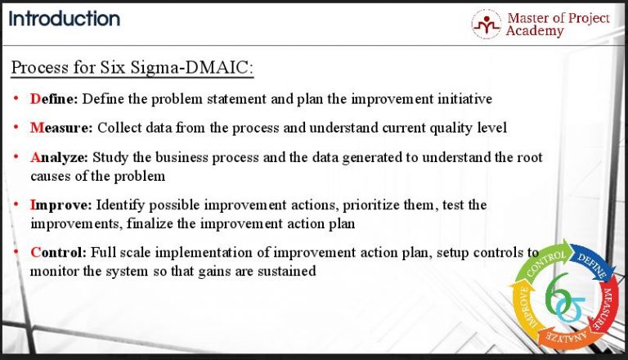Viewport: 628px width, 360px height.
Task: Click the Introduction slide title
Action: [x=65, y=18]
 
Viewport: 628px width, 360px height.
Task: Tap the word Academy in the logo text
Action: [x=535, y=31]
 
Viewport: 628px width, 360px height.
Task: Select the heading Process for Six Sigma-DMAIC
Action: [x=132, y=67]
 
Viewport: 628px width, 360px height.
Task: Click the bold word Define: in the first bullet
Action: [x=55, y=99]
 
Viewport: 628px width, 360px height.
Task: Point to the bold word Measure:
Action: [x=62, y=127]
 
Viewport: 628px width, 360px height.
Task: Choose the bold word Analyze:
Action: [x=60, y=156]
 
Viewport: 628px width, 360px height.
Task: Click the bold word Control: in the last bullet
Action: [x=59, y=252]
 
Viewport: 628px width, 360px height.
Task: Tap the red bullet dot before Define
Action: [x=16, y=99]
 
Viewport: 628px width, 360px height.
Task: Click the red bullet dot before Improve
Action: [x=16, y=205]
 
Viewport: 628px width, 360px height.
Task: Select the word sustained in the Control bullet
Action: [x=285, y=270]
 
